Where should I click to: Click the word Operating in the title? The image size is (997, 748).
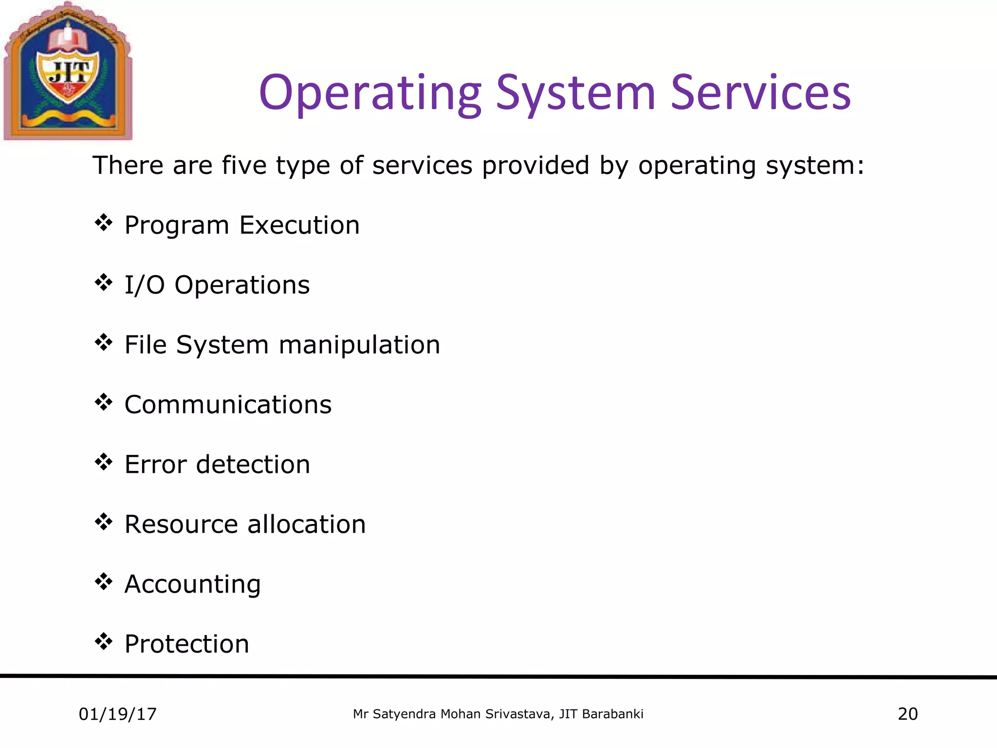point(370,93)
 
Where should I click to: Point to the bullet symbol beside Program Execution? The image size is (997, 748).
point(104,224)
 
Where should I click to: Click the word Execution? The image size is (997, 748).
point(299,225)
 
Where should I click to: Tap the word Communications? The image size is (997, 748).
point(228,405)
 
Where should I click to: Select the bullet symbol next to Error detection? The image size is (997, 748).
point(104,463)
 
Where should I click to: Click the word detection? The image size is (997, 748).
point(253,465)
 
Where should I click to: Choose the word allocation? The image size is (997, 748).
point(306,524)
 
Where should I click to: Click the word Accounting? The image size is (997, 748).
point(193,585)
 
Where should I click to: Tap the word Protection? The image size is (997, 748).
point(187,644)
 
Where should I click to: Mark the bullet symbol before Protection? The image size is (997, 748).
point(104,642)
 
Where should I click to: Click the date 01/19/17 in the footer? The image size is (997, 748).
point(118,714)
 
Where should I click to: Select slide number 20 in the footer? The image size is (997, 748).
point(907,714)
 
